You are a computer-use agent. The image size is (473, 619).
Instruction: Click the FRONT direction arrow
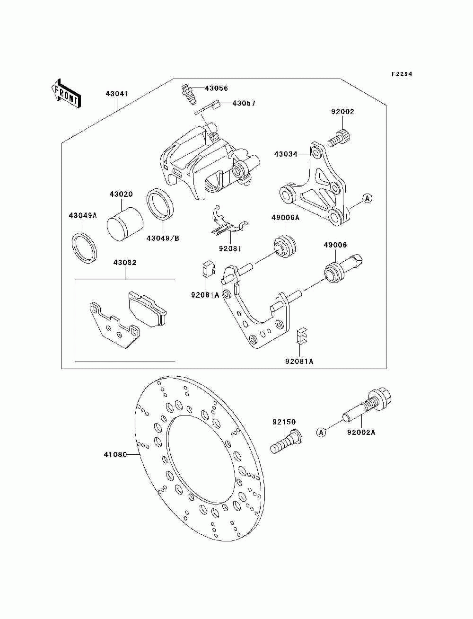66,93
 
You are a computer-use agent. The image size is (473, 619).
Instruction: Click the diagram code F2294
402,74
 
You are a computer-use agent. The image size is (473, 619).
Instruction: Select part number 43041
117,93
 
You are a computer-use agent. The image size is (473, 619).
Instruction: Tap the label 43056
216,88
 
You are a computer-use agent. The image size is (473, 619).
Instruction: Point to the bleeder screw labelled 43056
188,95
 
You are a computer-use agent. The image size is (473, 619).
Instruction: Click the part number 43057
244,104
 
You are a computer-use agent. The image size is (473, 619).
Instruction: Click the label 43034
286,154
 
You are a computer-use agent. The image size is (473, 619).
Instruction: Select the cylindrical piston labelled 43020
125,224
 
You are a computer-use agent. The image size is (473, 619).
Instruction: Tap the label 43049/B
163,239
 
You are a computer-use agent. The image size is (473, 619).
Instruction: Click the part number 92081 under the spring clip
230,249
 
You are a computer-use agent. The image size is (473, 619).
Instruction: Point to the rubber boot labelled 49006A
285,246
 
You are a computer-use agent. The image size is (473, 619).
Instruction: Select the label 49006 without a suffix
335,245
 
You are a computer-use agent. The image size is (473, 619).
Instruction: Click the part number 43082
125,263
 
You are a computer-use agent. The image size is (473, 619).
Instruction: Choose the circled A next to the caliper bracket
367,199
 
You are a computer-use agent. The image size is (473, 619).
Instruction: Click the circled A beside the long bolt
321,432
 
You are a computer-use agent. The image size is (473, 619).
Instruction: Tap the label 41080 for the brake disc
115,455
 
